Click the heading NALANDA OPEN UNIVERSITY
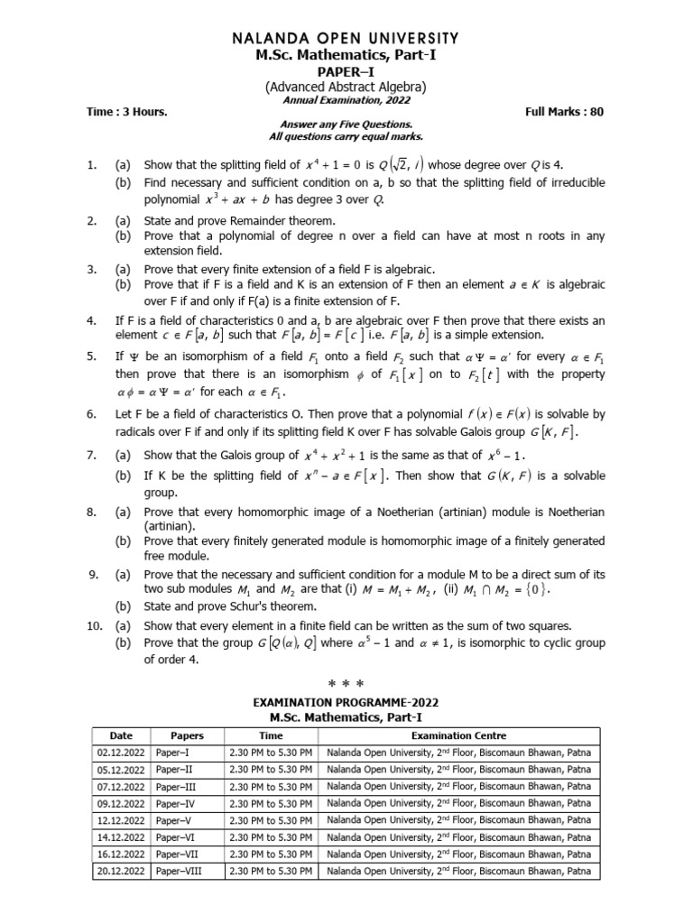pyautogui.click(x=346, y=39)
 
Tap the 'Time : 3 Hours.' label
pyautogui.click(x=127, y=112)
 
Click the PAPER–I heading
pyautogui.click(x=346, y=71)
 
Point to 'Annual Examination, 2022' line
pyautogui.click(x=346, y=100)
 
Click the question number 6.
pyautogui.click(x=91, y=414)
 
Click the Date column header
pyautogui.click(x=120, y=736)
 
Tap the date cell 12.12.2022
pyautogui.click(x=120, y=820)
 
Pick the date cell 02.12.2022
pyautogui.click(x=120, y=753)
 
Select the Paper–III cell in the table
pyautogui.click(x=178, y=787)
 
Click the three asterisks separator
pyautogui.click(x=346, y=685)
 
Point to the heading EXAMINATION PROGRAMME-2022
pyautogui.click(x=346, y=702)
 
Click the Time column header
pyautogui.click(x=271, y=736)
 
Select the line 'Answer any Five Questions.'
pyautogui.click(x=346, y=124)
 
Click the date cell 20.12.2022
pyautogui.click(x=120, y=872)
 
